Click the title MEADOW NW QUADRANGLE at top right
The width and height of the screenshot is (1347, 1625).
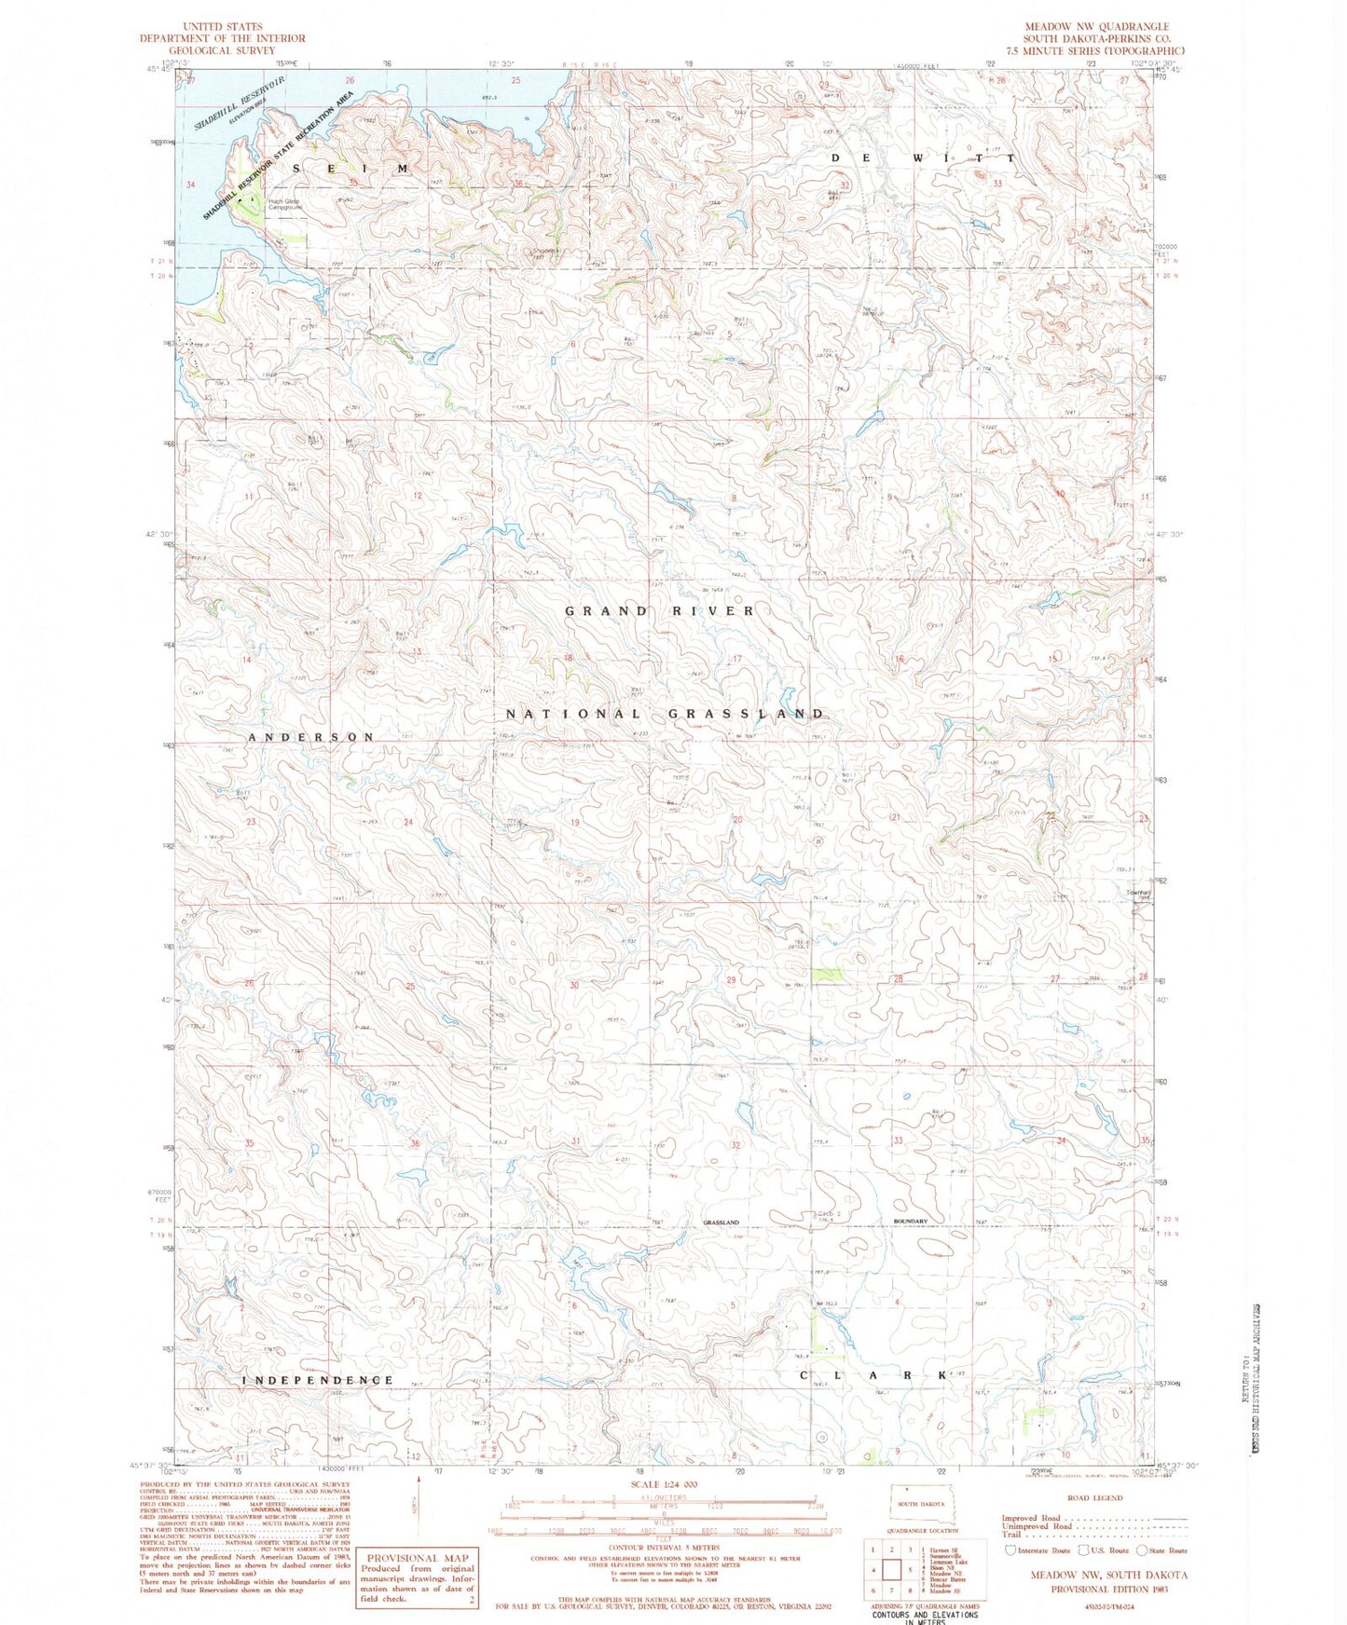coord(1096,27)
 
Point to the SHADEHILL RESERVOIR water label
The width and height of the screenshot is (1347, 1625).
coord(238,103)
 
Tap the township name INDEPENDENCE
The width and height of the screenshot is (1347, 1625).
coord(318,1380)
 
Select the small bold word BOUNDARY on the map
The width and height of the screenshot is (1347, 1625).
coord(910,1222)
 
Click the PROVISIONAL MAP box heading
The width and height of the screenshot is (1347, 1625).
coord(417,1557)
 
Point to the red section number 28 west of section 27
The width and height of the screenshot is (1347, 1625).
coord(898,979)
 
